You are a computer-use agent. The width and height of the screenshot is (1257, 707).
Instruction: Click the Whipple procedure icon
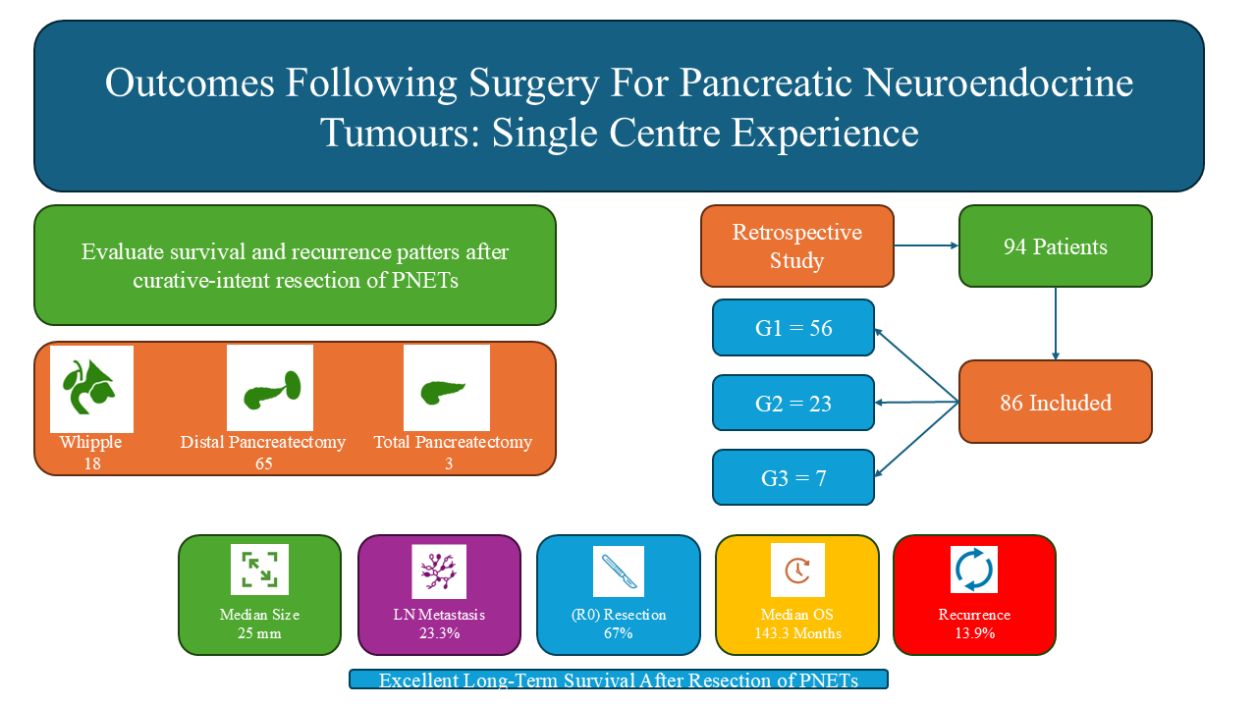[91, 389]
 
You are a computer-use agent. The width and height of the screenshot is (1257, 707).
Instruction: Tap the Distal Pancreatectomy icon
[270, 389]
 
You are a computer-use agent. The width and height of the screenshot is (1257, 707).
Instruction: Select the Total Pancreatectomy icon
[446, 389]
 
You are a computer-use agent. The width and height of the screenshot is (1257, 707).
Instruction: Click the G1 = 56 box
[793, 328]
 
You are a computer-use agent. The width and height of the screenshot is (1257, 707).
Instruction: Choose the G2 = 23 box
[793, 403]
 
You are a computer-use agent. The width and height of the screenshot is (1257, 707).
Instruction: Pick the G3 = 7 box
[793, 478]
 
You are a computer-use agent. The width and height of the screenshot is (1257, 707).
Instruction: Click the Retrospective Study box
[797, 246]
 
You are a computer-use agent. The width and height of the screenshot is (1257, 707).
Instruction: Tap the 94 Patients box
[1055, 246]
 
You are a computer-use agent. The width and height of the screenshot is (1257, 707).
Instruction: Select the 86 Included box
[1055, 402]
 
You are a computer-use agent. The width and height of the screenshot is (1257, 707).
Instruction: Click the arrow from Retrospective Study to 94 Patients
[927, 247]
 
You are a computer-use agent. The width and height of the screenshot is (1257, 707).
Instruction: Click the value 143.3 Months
[796, 633]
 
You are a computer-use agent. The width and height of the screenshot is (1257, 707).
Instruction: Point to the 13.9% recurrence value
[974, 633]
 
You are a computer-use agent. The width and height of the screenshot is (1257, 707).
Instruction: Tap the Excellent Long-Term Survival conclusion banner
[619, 680]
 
